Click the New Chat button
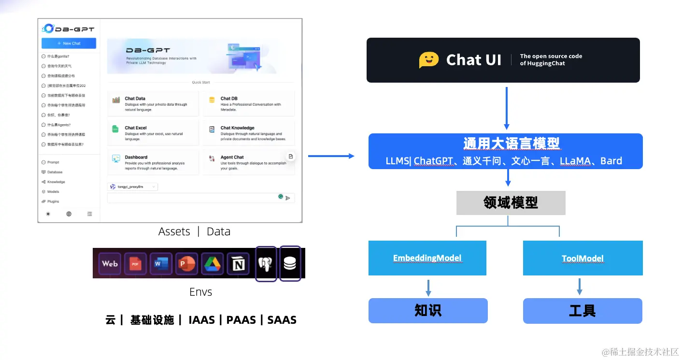tap(69, 43)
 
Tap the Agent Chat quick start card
tap(248, 162)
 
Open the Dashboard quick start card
tap(153, 162)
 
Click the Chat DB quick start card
tap(248, 103)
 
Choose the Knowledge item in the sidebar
tap(56, 182)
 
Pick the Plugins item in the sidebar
tap(53, 202)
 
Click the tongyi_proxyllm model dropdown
tap(133, 187)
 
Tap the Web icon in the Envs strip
tap(110, 263)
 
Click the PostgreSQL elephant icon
tap(266, 263)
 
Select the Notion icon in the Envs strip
tap(238, 263)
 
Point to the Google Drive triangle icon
tap(212, 263)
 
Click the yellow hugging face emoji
tap(428, 60)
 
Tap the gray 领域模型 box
tap(511, 203)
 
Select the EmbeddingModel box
tap(427, 258)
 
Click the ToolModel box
tap(583, 258)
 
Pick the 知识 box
tap(427, 311)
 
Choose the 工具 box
tap(582, 311)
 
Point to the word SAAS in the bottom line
tap(282, 320)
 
